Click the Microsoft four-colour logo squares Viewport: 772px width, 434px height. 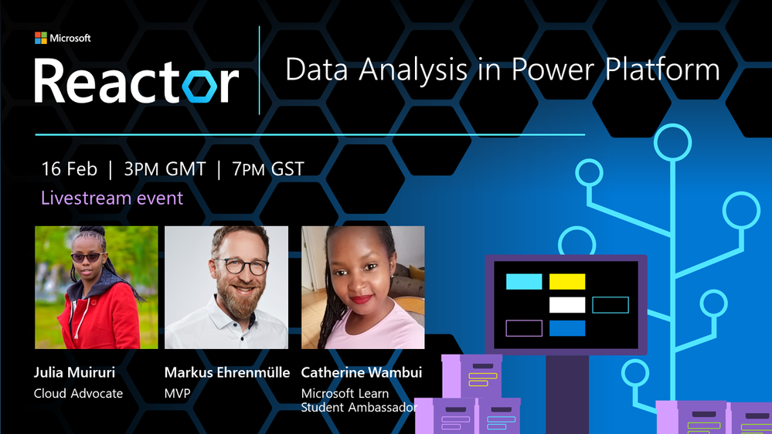click(x=41, y=38)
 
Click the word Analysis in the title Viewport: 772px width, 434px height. click(x=413, y=70)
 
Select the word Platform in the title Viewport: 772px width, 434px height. click(x=662, y=69)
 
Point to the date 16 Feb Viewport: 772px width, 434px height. click(x=69, y=169)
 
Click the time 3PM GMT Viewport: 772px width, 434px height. click(x=165, y=169)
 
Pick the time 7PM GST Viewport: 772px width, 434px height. click(x=268, y=169)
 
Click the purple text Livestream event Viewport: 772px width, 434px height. click(x=112, y=198)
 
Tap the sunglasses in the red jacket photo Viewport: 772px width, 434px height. click(x=87, y=257)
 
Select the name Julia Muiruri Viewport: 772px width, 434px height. click(x=74, y=372)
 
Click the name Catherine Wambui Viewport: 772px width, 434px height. click(x=362, y=372)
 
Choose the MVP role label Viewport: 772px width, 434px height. click(x=177, y=394)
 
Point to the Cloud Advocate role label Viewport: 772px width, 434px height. click(x=78, y=394)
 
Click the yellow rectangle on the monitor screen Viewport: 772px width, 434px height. click(x=567, y=281)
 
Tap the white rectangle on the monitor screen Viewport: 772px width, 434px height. click(x=567, y=305)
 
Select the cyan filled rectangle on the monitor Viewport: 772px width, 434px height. click(x=524, y=281)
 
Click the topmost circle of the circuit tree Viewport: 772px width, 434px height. click(x=672, y=143)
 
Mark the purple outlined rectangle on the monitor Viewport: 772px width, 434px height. click(x=524, y=328)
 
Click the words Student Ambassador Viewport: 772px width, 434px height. click(x=359, y=408)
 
